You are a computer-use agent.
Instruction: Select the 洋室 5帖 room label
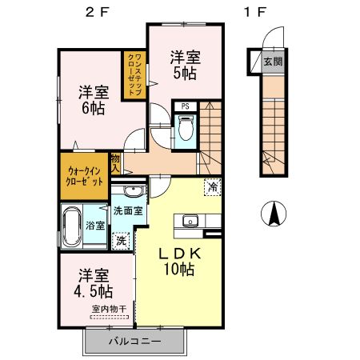(184, 63)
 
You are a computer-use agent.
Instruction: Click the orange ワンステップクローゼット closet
(134, 75)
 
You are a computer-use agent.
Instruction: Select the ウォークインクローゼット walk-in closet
(84, 175)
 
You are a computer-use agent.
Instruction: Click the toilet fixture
(186, 127)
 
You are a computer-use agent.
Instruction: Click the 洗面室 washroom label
(127, 211)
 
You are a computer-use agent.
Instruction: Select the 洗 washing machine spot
(121, 238)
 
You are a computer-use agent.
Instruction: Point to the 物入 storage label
(116, 164)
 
